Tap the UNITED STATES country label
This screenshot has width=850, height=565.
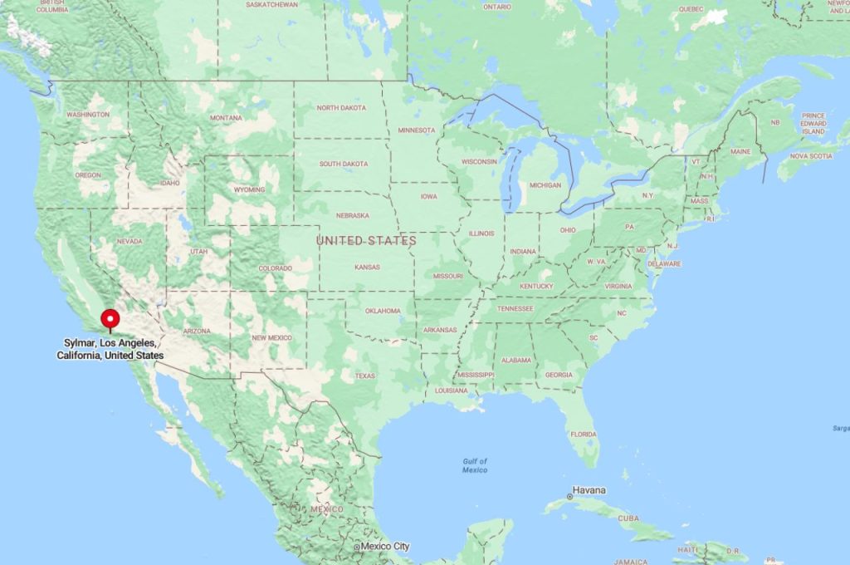(x=366, y=241)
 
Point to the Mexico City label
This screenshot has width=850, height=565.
(x=383, y=547)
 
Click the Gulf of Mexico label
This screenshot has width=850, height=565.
(x=475, y=465)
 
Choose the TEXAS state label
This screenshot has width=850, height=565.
(x=365, y=376)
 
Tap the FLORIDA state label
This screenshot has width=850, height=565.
(x=583, y=434)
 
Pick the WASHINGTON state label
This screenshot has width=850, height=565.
(x=87, y=114)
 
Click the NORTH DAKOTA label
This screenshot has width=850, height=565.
(x=340, y=108)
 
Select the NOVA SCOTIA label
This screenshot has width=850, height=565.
(x=810, y=155)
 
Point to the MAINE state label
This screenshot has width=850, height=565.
(x=740, y=151)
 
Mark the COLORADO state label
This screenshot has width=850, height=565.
(x=276, y=268)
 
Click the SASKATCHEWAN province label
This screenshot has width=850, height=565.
(x=272, y=4)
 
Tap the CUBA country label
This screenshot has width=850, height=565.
(x=629, y=518)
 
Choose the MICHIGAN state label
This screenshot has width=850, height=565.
(x=545, y=185)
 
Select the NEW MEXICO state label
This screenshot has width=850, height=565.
(x=271, y=337)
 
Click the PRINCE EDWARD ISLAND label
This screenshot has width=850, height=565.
(x=813, y=124)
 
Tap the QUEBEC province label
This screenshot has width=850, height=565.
(x=691, y=9)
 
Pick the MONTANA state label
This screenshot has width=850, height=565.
(x=226, y=118)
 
